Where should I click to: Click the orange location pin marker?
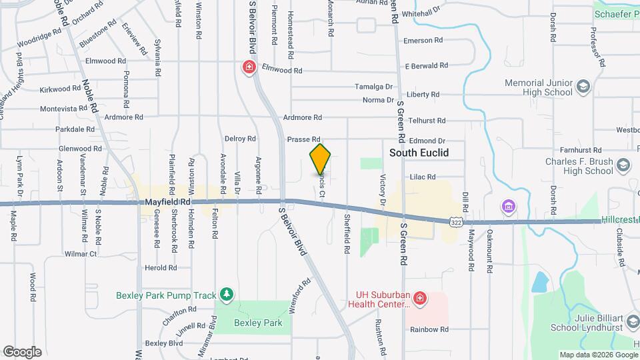tap(321, 159)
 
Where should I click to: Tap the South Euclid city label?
tap(419, 153)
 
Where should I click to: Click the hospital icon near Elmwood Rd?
tap(249, 67)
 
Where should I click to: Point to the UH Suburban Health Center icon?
tap(420, 298)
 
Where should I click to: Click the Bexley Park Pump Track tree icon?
tap(227, 294)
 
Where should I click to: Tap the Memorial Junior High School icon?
tap(583, 87)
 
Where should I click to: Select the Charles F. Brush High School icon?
tap(623, 165)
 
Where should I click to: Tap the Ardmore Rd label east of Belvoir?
tap(303, 117)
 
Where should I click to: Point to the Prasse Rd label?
tap(299, 139)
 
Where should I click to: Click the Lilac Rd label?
tap(422, 177)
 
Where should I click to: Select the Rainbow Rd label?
tap(429, 329)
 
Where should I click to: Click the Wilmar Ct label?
tap(81, 254)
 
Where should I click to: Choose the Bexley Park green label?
tap(258, 323)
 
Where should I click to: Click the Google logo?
tap(22, 351)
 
